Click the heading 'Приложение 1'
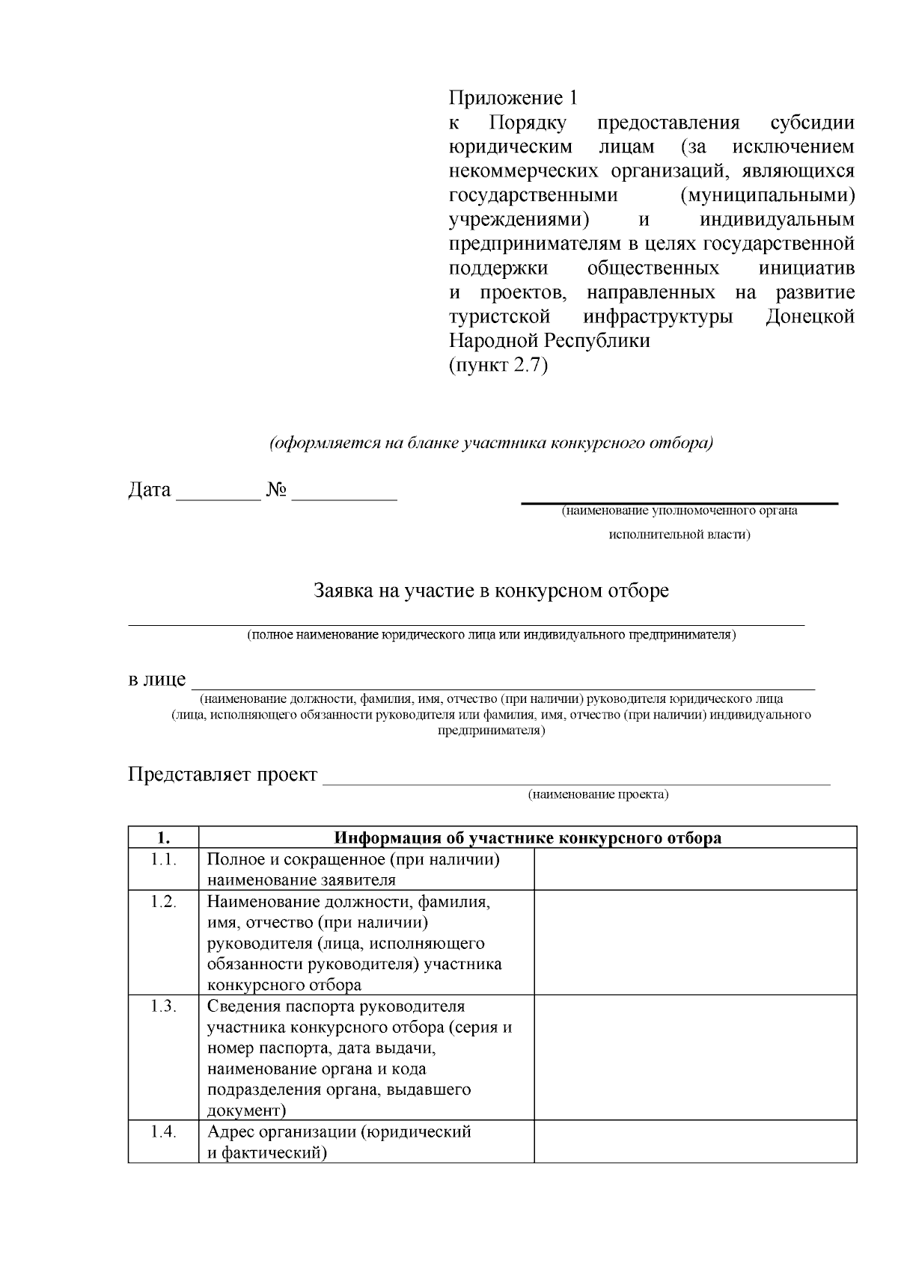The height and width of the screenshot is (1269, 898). click(x=513, y=98)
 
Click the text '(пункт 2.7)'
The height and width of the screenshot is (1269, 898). click(x=498, y=366)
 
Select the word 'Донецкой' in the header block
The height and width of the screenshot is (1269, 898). click(x=810, y=316)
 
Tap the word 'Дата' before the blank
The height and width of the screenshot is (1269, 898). click(x=150, y=491)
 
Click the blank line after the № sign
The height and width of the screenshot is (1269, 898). click(x=344, y=494)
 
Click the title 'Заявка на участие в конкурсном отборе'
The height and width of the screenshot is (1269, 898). click(x=491, y=591)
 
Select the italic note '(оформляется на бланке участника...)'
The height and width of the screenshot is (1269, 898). click(x=491, y=443)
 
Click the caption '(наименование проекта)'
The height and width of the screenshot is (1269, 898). click(x=598, y=794)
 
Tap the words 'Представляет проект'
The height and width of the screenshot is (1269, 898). click(x=223, y=774)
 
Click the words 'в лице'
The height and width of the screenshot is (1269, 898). click(x=156, y=680)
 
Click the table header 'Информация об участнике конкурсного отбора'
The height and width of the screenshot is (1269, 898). click(x=528, y=838)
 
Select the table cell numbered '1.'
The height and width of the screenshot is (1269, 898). click(x=163, y=838)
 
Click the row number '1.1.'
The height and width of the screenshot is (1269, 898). click(x=163, y=860)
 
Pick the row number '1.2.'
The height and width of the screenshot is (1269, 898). click(x=163, y=902)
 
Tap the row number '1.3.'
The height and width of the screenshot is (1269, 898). click(x=163, y=1007)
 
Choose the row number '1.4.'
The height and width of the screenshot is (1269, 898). click(x=163, y=1132)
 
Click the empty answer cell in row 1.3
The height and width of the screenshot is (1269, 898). click(x=695, y=1057)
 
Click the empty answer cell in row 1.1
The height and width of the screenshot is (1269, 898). click(x=695, y=869)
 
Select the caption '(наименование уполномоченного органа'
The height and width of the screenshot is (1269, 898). click(x=679, y=511)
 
